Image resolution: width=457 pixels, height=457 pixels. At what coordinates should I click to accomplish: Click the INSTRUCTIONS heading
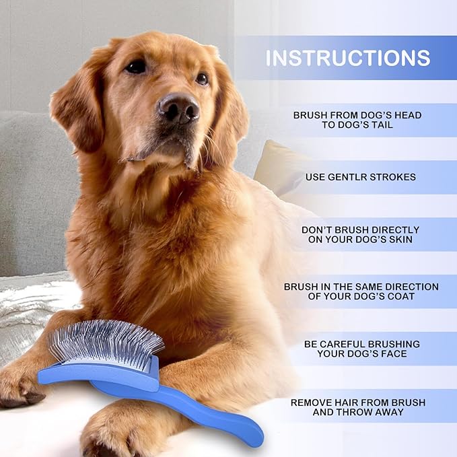[x=347, y=58]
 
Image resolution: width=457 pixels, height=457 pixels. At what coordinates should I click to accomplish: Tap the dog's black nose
[x=179, y=108]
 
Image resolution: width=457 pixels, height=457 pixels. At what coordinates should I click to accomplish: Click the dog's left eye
[x=137, y=67]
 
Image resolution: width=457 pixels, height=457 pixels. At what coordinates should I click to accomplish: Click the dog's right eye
[x=202, y=79]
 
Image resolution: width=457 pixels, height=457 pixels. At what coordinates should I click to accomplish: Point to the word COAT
[x=402, y=297]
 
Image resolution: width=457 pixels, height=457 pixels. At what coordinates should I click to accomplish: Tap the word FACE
[x=402, y=354]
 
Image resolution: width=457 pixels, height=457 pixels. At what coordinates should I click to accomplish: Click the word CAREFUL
[x=345, y=344]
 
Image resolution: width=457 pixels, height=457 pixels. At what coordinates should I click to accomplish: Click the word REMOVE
[x=312, y=402]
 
